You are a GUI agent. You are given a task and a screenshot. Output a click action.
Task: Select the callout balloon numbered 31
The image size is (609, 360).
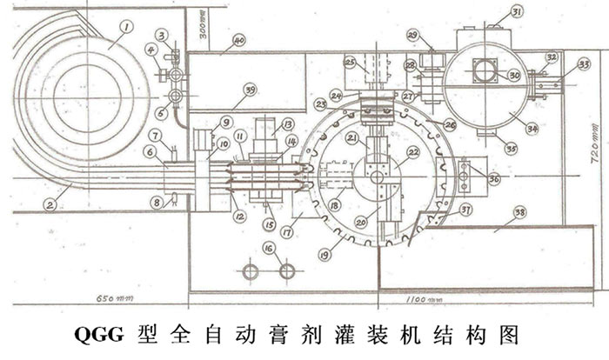click(517, 11)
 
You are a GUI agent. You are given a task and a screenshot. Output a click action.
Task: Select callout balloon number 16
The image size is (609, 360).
click(270, 248)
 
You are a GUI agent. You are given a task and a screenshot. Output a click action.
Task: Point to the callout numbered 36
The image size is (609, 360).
click(494, 179)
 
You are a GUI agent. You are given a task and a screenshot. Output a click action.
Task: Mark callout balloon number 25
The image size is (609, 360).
click(351, 63)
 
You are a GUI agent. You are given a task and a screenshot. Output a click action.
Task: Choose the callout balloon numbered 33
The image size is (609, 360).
click(584, 63)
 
